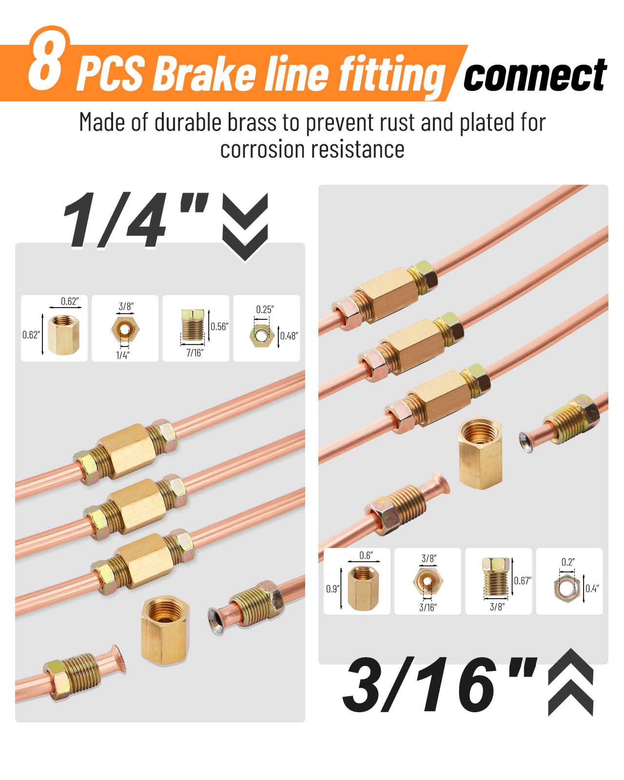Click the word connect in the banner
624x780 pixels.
coord(535,75)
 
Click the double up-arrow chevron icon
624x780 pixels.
coord(570,682)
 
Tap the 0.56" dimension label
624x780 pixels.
coord(219,326)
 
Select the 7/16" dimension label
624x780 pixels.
coord(195,353)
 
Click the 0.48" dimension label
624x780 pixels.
coord(289,336)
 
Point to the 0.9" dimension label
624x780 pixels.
coord(333,589)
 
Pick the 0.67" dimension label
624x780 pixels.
coord(523,581)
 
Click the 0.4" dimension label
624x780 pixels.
coord(592,588)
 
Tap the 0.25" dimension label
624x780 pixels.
coord(265,310)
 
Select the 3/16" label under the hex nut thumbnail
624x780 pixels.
coord(428,607)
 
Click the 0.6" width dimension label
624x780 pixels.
coord(366,555)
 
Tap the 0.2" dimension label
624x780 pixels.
coord(568,562)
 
